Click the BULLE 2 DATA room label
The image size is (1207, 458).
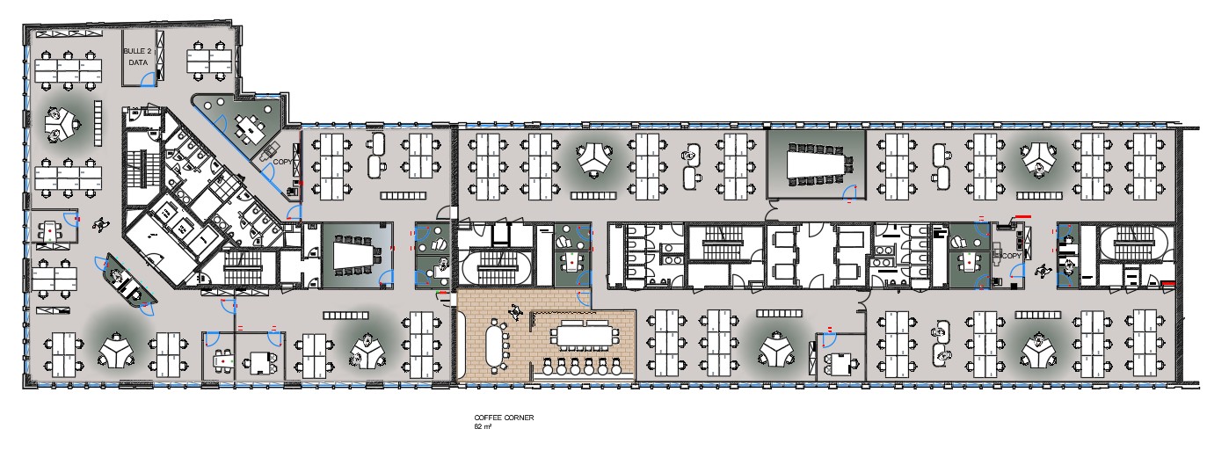pos(137,56)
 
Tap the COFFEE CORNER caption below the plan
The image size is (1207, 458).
pos(504,418)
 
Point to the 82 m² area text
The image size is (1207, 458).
pos(483,426)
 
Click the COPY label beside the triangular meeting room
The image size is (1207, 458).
pos(282,162)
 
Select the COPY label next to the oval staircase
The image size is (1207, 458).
pos(1012,256)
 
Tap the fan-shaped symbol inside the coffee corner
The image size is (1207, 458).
pos(516,310)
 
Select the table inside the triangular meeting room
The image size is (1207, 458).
pos(250,128)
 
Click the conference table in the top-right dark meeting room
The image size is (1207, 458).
pos(817,162)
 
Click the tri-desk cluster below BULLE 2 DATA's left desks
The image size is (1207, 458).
pos(61,124)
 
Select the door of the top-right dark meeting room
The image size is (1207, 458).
pos(850,193)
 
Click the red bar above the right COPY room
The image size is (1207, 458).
pos(1022,216)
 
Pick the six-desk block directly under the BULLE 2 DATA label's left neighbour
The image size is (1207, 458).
pos(68,70)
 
